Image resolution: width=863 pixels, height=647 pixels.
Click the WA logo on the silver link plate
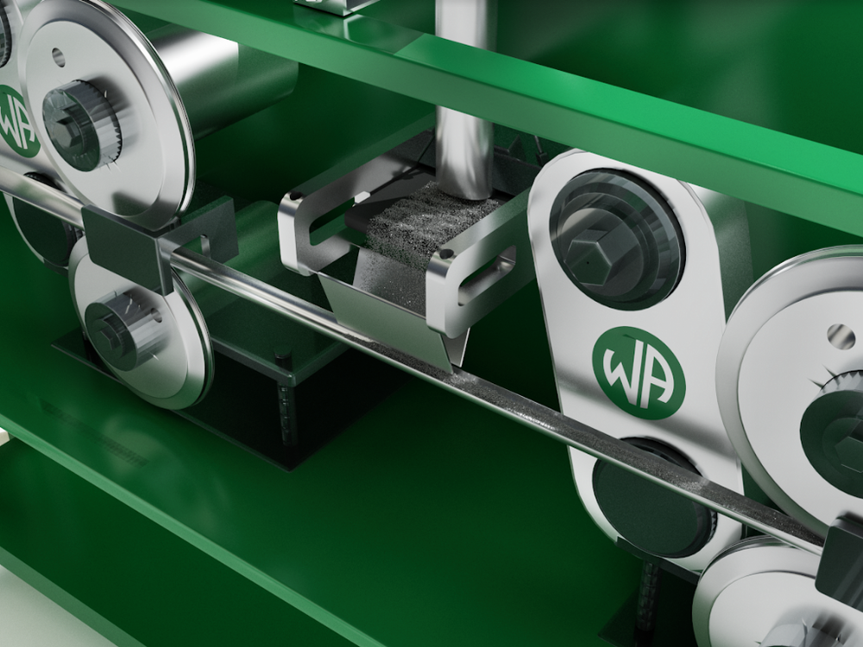coord(639,373)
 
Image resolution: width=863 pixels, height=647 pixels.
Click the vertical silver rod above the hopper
coord(464,99)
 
